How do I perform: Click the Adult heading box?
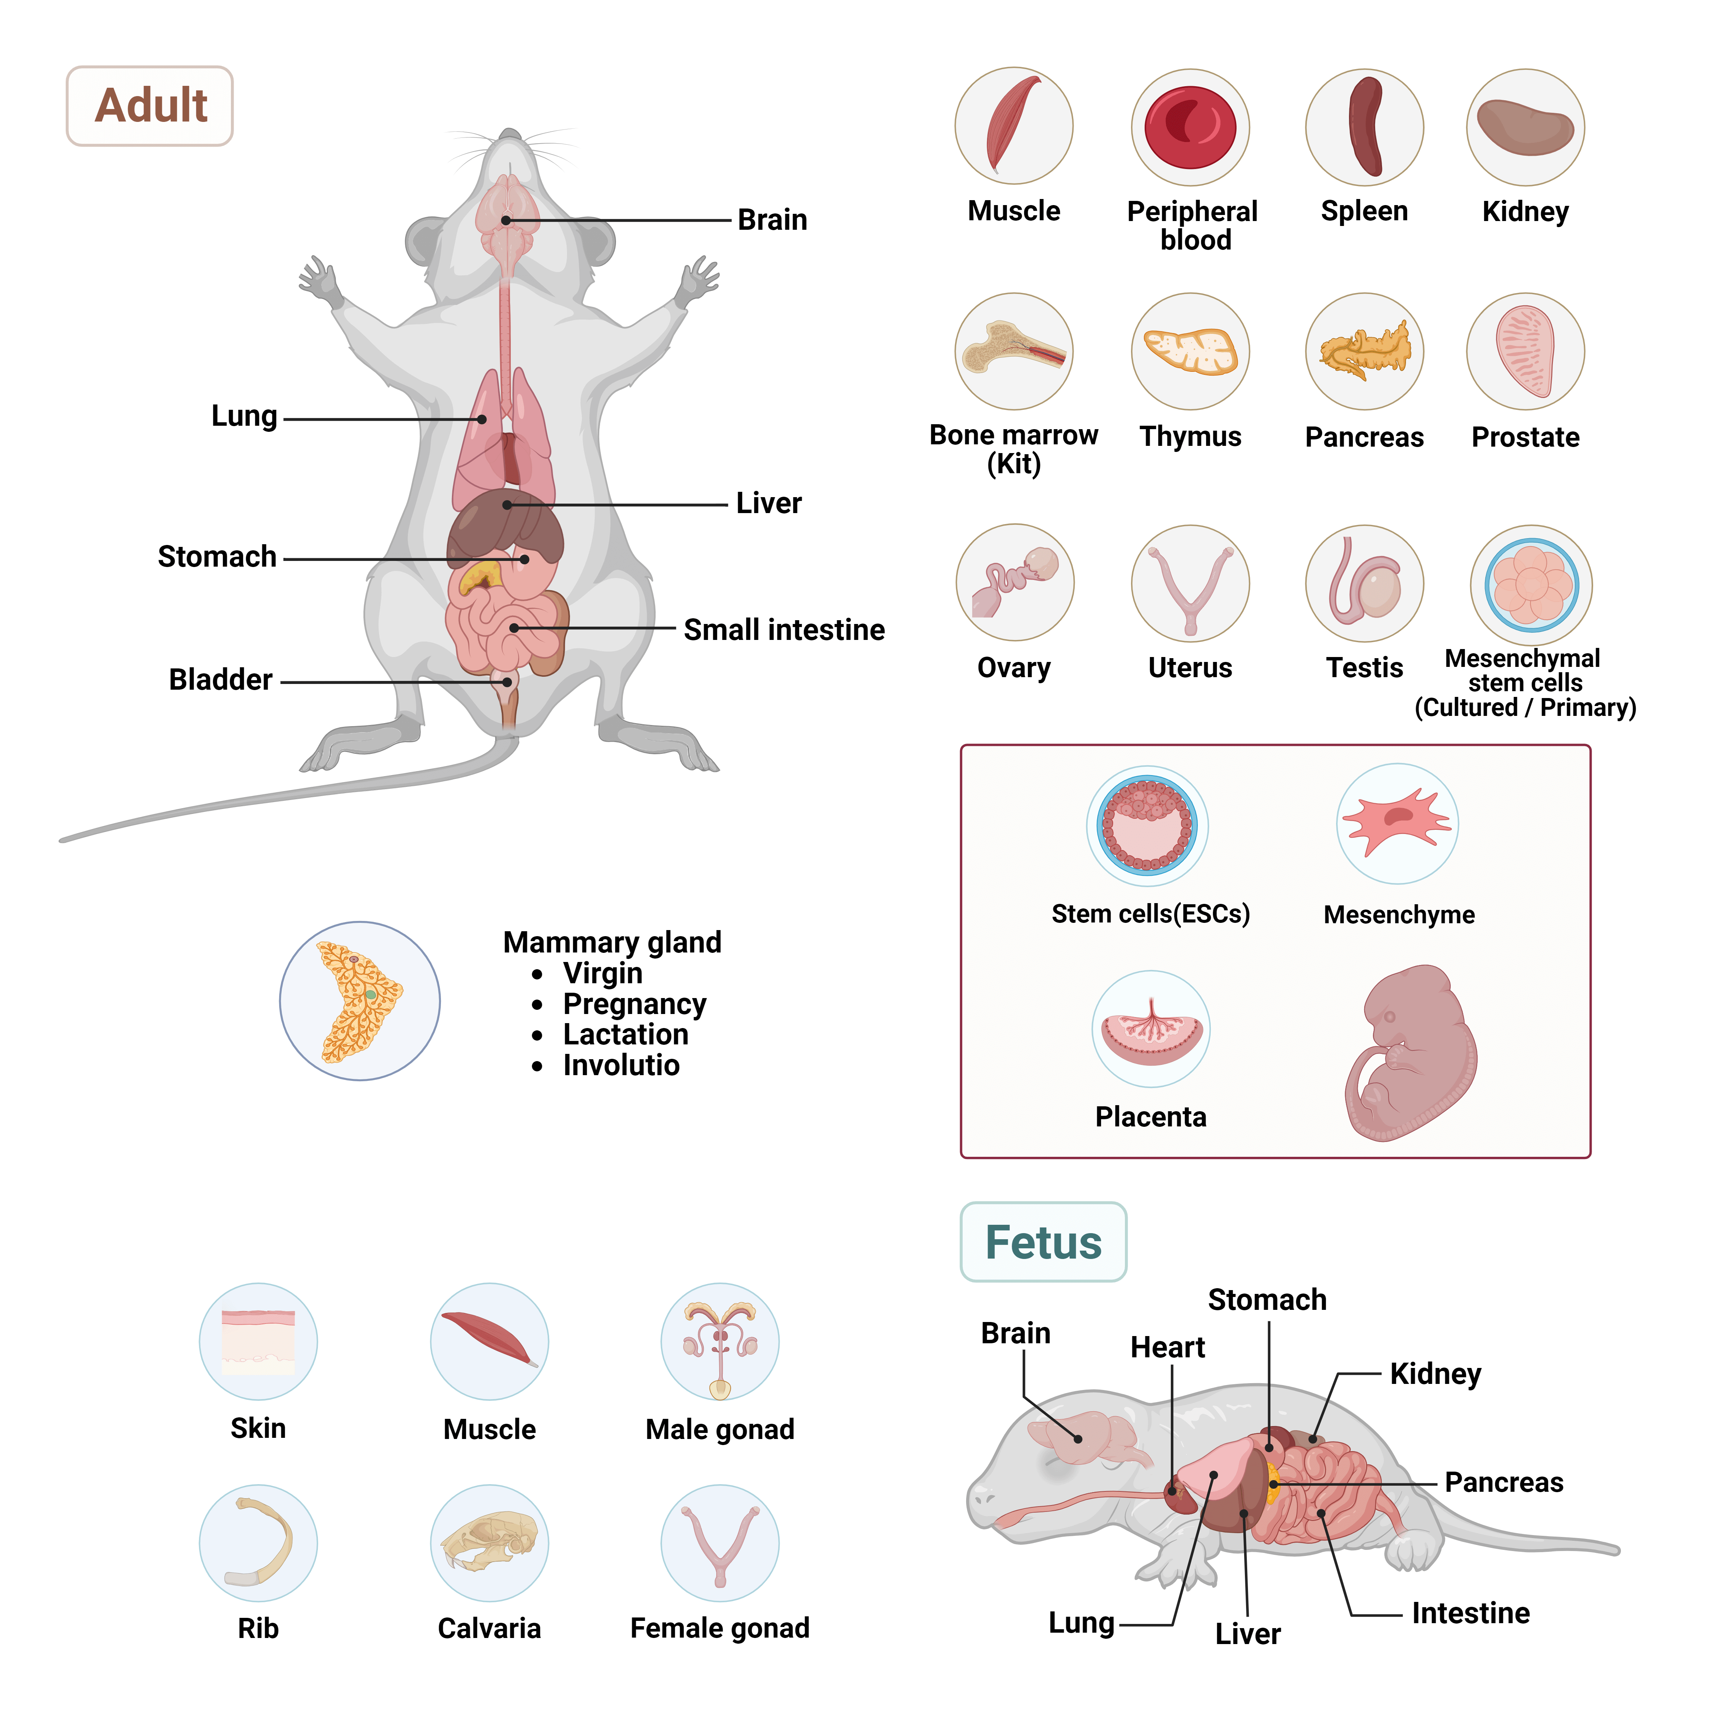[x=150, y=106]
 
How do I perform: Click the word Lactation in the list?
[x=625, y=1034]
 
